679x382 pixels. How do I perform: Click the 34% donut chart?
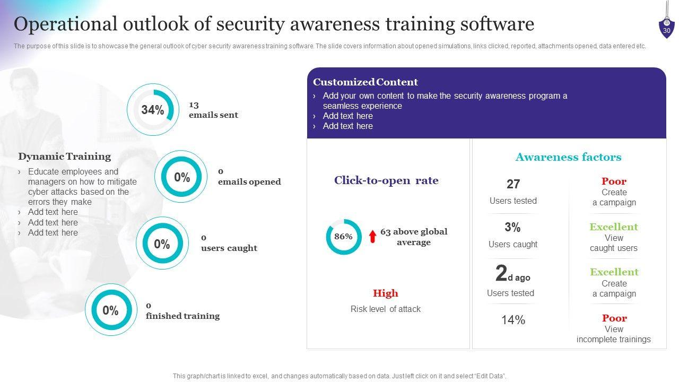click(153, 110)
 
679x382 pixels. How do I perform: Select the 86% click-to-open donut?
click(343, 237)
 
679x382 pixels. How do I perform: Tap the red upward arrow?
click(372, 236)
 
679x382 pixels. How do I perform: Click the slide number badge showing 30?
click(666, 29)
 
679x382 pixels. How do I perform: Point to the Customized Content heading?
click(365, 82)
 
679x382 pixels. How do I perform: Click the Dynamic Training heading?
click(65, 157)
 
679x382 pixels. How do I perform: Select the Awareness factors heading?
click(568, 157)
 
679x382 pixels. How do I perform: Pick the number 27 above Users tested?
click(513, 184)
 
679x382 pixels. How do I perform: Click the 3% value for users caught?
click(512, 228)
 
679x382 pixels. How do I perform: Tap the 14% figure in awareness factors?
click(513, 320)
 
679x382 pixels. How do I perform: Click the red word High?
click(385, 293)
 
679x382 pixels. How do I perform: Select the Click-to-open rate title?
click(386, 180)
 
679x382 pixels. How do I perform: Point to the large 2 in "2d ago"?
click(501, 273)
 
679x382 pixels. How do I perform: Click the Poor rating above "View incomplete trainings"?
click(614, 318)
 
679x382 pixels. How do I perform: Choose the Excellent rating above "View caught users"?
click(614, 227)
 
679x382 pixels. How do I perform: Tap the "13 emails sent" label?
click(213, 110)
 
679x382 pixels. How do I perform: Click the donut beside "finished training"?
click(110, 310)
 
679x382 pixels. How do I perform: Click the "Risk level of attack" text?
click(385, 309)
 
